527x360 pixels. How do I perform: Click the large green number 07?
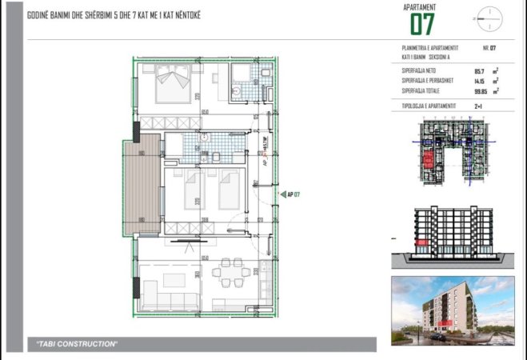tap(421, 24)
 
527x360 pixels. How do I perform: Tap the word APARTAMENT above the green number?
tap(421, 7)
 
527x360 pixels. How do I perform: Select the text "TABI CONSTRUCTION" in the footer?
tap(78, 344)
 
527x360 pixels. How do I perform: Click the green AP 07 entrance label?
tap(293, 194)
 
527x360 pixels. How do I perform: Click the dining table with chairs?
tap(233, 272)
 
